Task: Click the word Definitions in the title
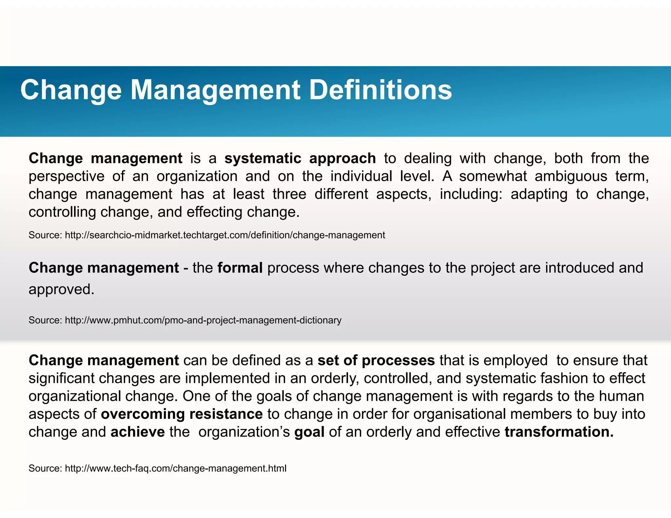pos(380,90)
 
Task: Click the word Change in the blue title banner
pos(71,90)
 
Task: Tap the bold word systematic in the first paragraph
pos(263,158)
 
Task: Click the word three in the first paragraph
pos(289,194)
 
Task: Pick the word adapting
pos(539,194)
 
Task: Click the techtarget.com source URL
pos(225,235)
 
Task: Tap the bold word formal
pos(240,268)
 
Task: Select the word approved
pos(61,289)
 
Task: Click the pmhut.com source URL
pos(203,320)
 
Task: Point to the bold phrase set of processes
pos(376,361)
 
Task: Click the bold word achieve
pos(138,432)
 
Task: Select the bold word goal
pos(309,432)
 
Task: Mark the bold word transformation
pos(559,432)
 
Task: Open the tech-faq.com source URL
pos(176,469)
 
